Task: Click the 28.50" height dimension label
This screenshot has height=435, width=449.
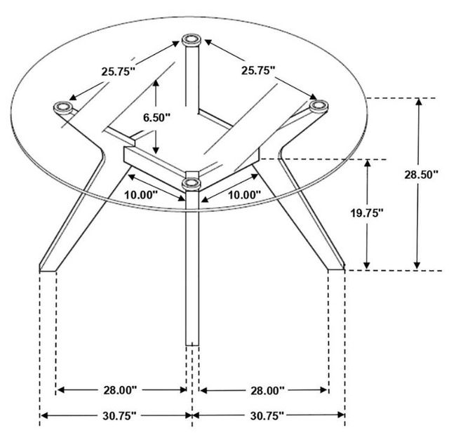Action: [421, 175]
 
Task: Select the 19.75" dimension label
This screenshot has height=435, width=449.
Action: [368, 213]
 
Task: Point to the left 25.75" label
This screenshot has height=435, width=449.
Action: [118, 72]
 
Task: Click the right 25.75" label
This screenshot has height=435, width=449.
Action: [258, 70]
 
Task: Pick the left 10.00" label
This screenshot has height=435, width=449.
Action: [141, 195]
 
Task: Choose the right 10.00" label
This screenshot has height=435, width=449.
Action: [245, 195]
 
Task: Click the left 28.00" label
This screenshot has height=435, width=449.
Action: [120, 390]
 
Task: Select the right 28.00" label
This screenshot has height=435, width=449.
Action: [267, 390]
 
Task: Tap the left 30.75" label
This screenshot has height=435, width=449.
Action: [119, 416]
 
